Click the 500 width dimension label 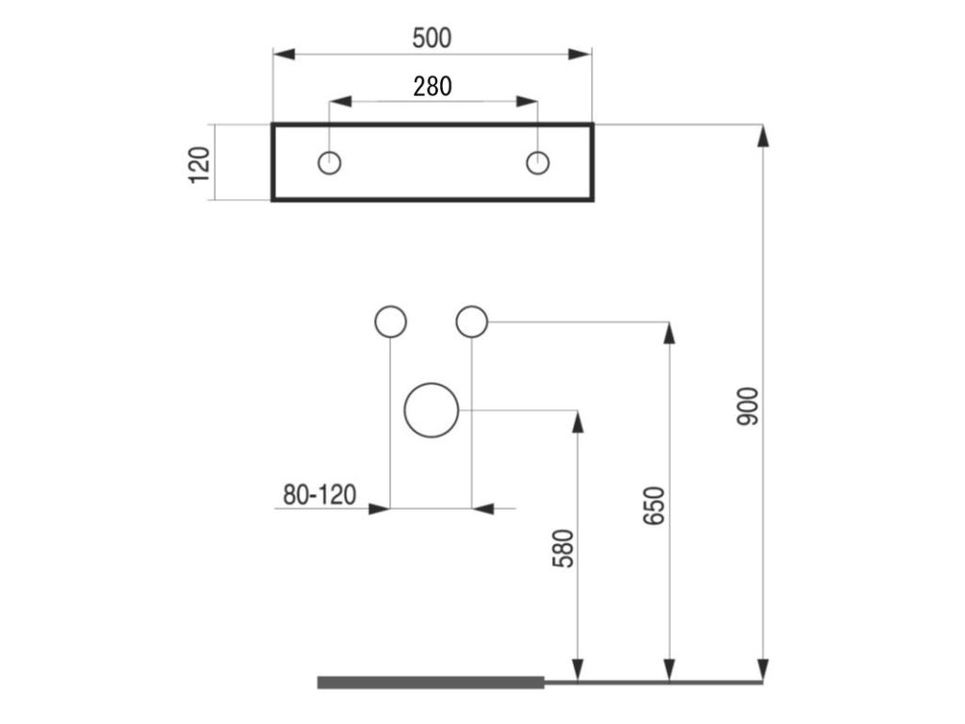point(432,38)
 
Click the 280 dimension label point(432,86)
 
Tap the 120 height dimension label point(200,164)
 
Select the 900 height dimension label point(746,405)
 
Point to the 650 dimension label point(654,505)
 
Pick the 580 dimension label point(563,548)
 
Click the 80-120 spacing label point(319,494)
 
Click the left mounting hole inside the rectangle point(329,162)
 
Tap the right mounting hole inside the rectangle point(537,162)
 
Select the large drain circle point(432,411)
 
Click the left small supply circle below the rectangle point(390,322)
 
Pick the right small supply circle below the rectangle point(471,321)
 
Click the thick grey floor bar point(431,683)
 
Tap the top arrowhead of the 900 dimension point(762,135)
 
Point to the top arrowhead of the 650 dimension point(669,333)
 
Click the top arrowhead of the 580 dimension point(578,421)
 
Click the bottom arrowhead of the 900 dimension point(762,669)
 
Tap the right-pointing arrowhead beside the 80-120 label point(379,509)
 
